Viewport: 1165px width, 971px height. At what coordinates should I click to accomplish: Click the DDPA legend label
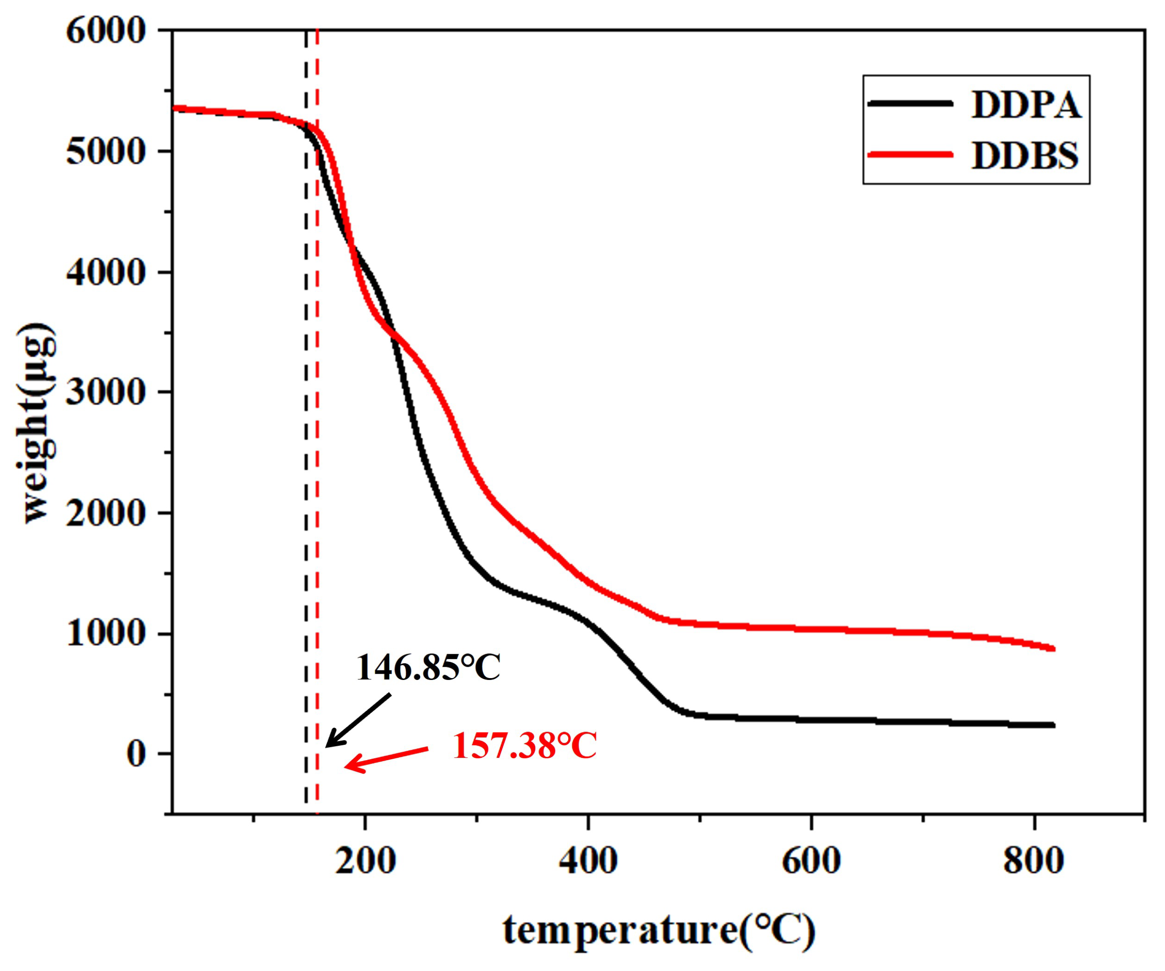click(1026, 105)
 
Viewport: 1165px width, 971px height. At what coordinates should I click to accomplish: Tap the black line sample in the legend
click(910, 103)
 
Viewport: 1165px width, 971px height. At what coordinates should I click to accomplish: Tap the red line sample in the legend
click(910, 154)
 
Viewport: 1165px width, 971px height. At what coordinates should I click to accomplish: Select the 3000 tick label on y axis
click(105, 392)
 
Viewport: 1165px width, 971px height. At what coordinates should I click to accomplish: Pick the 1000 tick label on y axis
click(105, 633)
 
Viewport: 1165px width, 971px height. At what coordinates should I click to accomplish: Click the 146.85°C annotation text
click(428, 668)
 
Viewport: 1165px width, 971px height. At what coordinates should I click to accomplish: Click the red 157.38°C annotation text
click(524, 747)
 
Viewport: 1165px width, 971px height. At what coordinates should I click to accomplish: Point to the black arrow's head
click(327, 746)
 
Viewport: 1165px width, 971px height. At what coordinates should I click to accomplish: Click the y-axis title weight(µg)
click(38, 423)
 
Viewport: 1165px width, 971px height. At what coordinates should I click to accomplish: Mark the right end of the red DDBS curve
click(1053, 649)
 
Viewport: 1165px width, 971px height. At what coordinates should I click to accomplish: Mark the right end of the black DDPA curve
click(1053, 725)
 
